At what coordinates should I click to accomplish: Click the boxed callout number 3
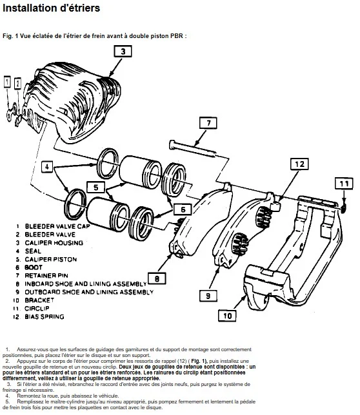point(123,51)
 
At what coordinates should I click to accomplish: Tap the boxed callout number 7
point(208,123)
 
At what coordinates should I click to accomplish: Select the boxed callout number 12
point(299,164)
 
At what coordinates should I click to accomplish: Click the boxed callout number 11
point(344,184)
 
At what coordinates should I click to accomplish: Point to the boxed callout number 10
point(227,316)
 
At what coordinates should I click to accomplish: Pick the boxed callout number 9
point(208,296)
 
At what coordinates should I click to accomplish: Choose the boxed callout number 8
point(157,278)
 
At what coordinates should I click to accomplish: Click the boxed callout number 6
point(183,209)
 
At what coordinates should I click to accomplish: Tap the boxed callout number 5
point(96,188)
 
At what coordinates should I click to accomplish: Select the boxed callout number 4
point(47,167)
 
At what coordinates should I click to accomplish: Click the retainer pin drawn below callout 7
point(192,148)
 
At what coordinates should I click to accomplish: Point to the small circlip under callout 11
point(344,209)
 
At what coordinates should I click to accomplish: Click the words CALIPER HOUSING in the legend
point(54,243)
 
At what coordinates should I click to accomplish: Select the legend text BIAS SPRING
point(45,316)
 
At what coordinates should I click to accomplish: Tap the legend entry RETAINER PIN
point(46,276)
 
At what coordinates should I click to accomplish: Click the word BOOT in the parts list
point(34,267)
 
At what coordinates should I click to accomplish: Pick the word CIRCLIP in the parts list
point(37,308)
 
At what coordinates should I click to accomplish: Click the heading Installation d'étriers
point(51,8)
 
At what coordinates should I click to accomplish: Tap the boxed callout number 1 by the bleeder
point(7,82)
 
